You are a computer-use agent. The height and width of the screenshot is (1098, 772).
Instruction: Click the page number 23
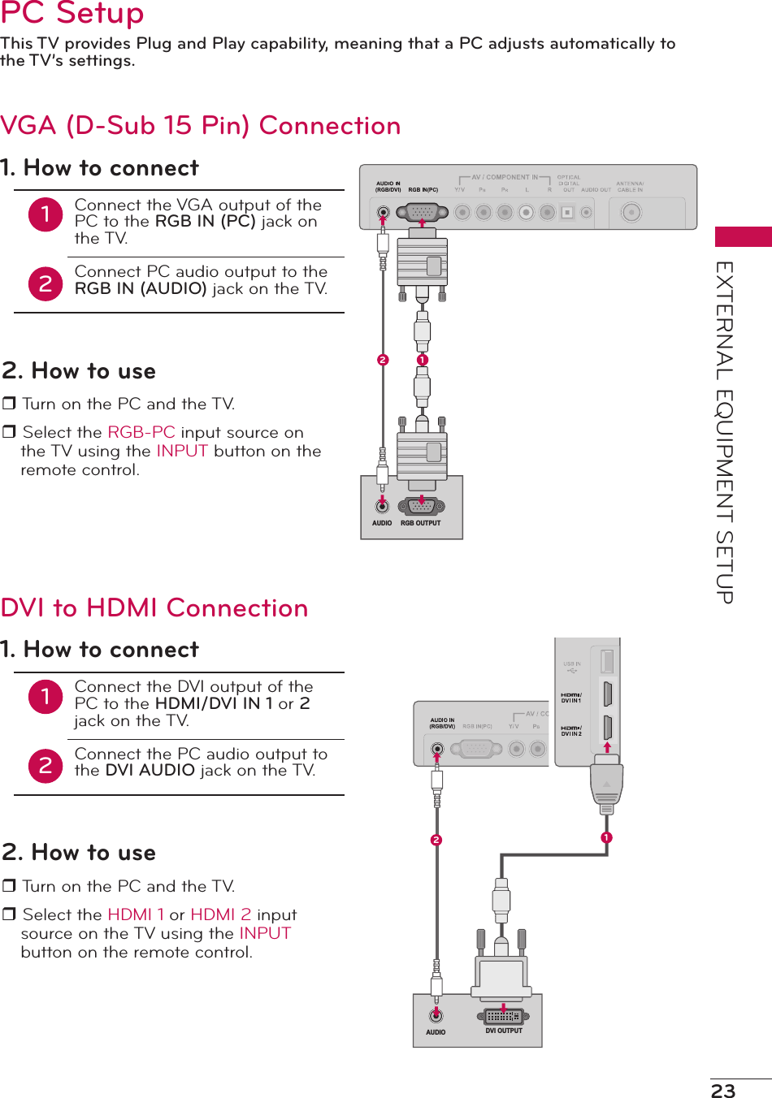tap(722, 1090)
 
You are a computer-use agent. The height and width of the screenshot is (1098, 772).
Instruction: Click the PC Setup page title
tap(72, 14)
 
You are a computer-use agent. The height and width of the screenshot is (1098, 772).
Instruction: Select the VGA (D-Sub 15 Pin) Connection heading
tap(201, 126)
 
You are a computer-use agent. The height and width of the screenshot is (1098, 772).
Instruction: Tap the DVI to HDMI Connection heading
tap(154, 608)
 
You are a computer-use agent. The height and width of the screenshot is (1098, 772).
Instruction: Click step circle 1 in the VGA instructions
tap(46, 214)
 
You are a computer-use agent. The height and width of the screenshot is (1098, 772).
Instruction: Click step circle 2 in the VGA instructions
tap(46, 283)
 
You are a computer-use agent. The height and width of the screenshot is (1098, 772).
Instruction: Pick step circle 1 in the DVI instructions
tap(46, 696)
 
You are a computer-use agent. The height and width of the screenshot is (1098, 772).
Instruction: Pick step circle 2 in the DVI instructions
tap(46, 766)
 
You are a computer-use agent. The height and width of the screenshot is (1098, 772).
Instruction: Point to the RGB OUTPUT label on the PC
tap(420, 523)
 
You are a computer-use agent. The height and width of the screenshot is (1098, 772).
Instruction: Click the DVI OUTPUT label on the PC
tap(504, 1031)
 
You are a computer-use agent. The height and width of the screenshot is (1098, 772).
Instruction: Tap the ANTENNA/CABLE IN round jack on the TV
tap(631, 213)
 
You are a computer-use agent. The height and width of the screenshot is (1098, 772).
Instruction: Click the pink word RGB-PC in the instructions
tap(141, 432)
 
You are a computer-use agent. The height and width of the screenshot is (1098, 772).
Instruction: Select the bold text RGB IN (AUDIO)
tap(141, 288)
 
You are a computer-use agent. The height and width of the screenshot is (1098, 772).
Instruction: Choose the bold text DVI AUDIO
tap(150, 770)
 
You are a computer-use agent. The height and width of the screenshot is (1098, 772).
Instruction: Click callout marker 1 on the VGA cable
tap(422, 360)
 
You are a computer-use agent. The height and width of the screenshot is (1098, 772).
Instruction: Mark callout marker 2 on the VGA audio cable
tap(383, 360)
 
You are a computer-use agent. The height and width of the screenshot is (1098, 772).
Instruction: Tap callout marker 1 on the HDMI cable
tap(606, 837)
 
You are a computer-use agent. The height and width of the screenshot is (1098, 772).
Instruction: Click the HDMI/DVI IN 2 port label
tap(571, 731)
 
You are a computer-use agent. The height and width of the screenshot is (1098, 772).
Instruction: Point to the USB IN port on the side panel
tap(606, 661)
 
